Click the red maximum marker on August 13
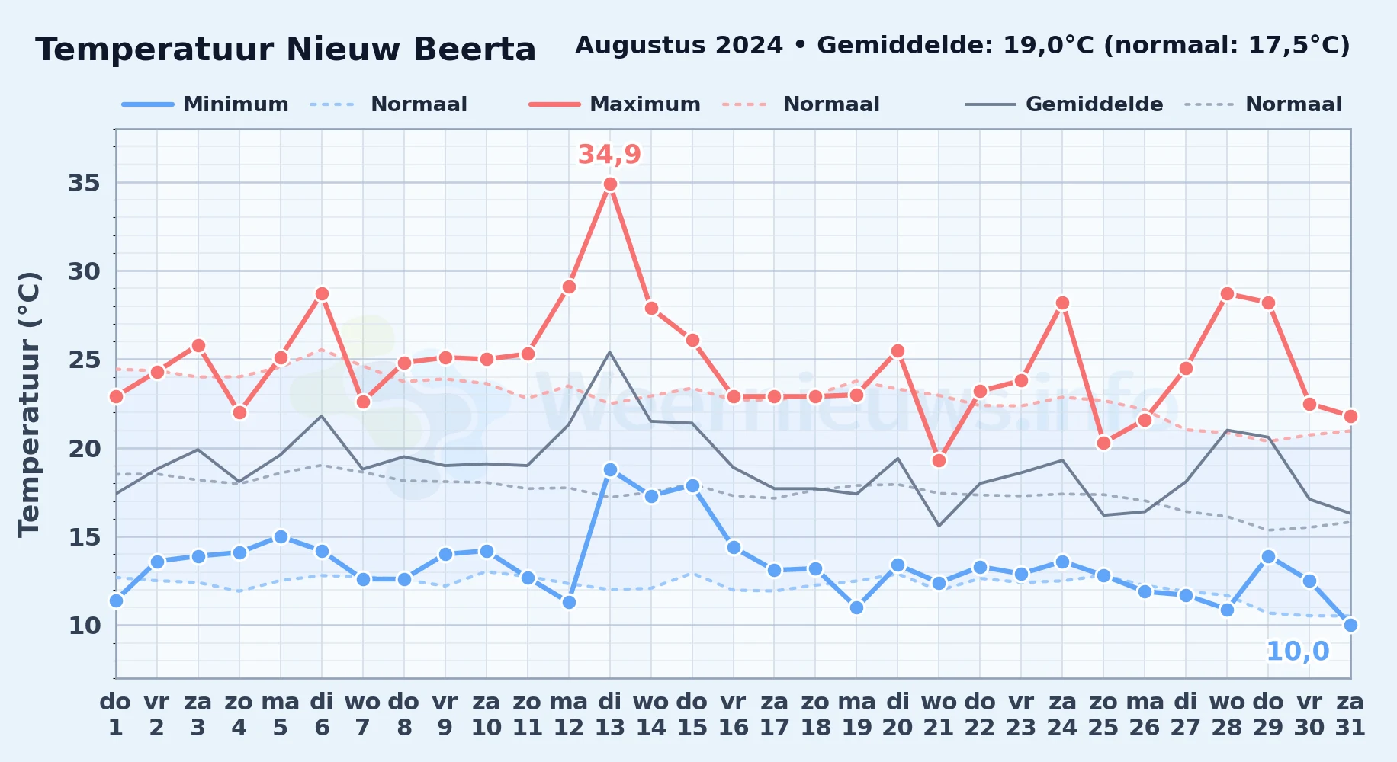610,184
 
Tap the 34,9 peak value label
609,155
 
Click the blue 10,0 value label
1297,652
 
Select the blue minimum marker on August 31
1350,625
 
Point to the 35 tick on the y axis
85,183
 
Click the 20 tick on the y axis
85,448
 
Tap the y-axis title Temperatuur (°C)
29,404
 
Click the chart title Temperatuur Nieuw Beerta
286,50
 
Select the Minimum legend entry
205,104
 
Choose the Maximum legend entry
615,104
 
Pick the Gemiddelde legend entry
1064,104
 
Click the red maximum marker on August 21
939,460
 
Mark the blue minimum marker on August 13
610,469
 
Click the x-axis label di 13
610,715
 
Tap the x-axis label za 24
1062,715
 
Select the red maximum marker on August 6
322,293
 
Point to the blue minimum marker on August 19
856,607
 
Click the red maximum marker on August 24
1062,303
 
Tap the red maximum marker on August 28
1227,293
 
